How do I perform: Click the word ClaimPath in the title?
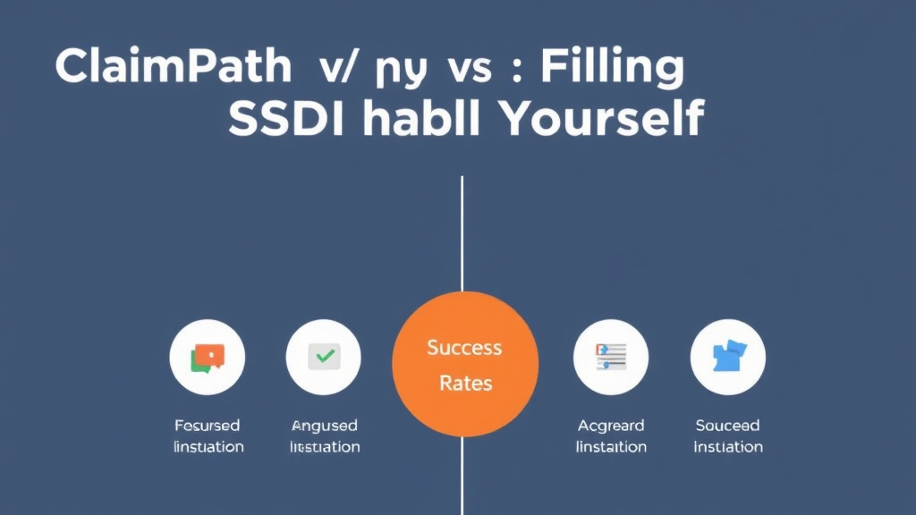click(174, 67)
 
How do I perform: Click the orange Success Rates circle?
click(465, 364)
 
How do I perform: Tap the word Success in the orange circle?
click(464, 347)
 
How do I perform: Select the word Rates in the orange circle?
click(466, 384)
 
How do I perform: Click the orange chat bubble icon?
click(208, 357)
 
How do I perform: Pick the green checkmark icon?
click(324, 357)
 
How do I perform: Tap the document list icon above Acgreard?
click(611, 357)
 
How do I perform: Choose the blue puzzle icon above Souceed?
click(727, 357)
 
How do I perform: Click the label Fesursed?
click(208, 426)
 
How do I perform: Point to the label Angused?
click(324, 426)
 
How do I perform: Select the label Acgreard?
click(611, 426)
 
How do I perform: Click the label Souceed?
click(727, 426)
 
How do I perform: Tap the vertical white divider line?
click(462, 232)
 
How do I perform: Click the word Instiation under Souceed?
click(727, 446)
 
